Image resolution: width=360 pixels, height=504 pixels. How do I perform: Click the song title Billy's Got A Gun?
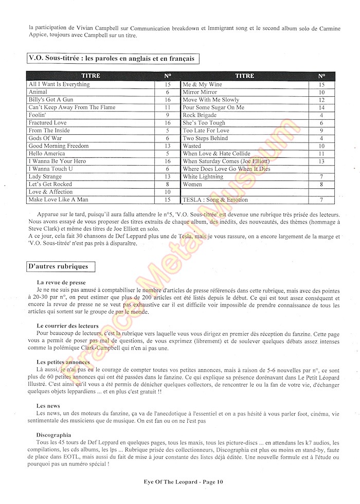[51, 100]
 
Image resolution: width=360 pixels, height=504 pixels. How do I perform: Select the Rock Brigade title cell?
[200, 115]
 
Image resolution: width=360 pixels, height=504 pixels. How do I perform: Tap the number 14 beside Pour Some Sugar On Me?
[321, 107]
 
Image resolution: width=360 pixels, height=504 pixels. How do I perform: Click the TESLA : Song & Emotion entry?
[215, 200]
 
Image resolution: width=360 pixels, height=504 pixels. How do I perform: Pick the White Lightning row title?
[203, 176]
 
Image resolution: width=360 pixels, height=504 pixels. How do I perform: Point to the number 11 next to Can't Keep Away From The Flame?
[168, 107]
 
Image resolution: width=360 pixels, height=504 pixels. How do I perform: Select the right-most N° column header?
[321, 76]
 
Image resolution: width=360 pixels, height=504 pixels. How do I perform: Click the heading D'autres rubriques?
[58, 266]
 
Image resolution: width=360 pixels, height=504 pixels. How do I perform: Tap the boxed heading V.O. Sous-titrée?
[113, 59]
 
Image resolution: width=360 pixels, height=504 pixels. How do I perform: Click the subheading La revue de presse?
[61, 283]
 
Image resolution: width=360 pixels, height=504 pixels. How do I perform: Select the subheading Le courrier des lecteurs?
[67, 326]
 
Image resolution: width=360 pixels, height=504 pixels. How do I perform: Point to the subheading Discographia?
[54, 435]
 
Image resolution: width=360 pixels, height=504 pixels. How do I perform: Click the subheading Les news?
[47, 406]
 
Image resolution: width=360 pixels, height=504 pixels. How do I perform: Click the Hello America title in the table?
[47, 153]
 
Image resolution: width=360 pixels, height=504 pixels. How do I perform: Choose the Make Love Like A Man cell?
[58, 200]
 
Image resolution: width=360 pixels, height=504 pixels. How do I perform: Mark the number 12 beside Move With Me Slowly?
[321, 100]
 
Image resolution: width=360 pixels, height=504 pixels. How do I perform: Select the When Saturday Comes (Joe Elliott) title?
[226, 161]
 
